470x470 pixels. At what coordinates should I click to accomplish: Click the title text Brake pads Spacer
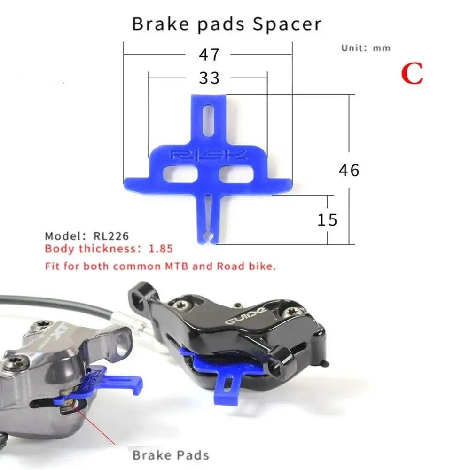click(x=227, y=23)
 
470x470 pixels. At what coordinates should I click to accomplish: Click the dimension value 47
click(x=209, y=55)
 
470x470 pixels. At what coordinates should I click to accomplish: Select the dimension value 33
click(x=209, y=78)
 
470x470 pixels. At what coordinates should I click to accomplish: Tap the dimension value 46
click(x=349, y=170)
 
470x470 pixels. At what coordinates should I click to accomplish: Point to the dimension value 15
click(x=328, y=219)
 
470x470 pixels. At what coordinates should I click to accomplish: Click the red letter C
click(x=412, y=74)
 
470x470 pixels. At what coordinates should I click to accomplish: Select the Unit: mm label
click(x=366, y=48)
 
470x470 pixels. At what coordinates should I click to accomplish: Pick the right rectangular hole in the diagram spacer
click(x=236, y=173)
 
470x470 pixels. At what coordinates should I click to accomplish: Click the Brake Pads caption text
click(x=171, y=454)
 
